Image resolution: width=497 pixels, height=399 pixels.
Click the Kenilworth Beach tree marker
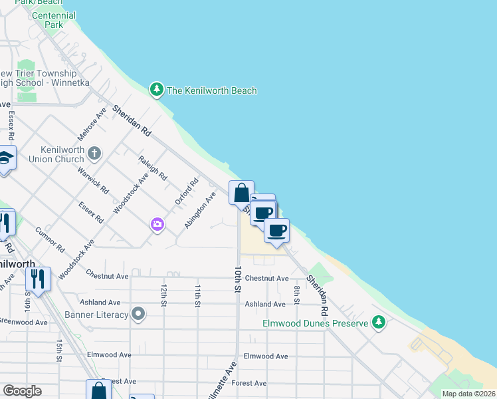156,90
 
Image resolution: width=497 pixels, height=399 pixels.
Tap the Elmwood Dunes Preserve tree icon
379,323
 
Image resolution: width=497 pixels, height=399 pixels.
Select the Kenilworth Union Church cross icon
94,154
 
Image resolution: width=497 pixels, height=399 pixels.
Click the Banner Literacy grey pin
138,313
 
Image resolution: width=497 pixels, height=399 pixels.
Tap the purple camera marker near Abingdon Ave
157,224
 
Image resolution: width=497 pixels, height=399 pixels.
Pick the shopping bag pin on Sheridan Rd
241,193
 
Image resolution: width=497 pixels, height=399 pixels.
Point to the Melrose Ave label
91,124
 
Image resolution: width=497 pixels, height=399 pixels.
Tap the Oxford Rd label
187,192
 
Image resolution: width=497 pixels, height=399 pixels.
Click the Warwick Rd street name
93,180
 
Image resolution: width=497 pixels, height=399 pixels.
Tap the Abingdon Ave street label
201,210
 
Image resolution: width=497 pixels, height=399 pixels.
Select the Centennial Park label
54,20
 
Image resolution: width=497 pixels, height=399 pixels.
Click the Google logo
22,391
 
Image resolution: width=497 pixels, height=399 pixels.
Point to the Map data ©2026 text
468,394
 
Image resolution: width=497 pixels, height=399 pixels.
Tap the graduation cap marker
5,159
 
